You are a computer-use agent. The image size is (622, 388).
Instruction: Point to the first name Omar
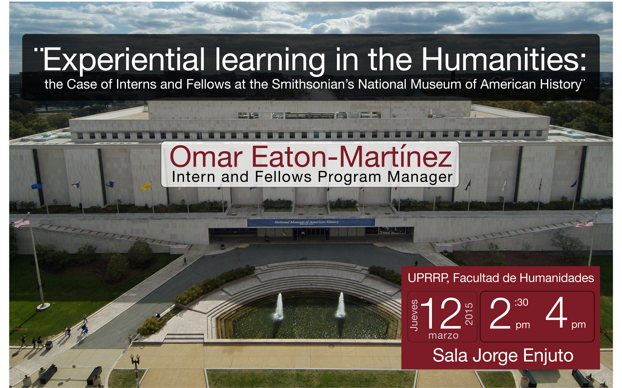(206, 157)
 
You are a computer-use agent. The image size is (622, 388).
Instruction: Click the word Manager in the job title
(420, 177)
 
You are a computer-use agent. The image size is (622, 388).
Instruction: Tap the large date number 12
(441, 313)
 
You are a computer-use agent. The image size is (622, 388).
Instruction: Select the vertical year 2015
(469, 314)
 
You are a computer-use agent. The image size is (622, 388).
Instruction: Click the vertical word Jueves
(414, 315)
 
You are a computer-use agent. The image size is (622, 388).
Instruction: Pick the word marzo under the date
(443, 335)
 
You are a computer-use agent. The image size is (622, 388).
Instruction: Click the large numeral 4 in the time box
(557, 313)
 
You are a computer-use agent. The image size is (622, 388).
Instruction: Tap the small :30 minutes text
(521, 303)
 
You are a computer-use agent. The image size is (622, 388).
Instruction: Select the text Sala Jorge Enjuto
(503, 355)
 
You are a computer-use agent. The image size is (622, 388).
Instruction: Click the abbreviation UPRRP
(428, 278)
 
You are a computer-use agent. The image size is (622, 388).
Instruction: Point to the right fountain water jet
(340, 305)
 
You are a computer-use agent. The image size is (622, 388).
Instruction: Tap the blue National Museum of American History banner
(311, 222)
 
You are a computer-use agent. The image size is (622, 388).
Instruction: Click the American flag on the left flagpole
(21, 223)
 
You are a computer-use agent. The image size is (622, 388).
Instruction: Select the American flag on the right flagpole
(585, 224)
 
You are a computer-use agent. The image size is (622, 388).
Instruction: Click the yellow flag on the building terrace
(146, 186)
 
